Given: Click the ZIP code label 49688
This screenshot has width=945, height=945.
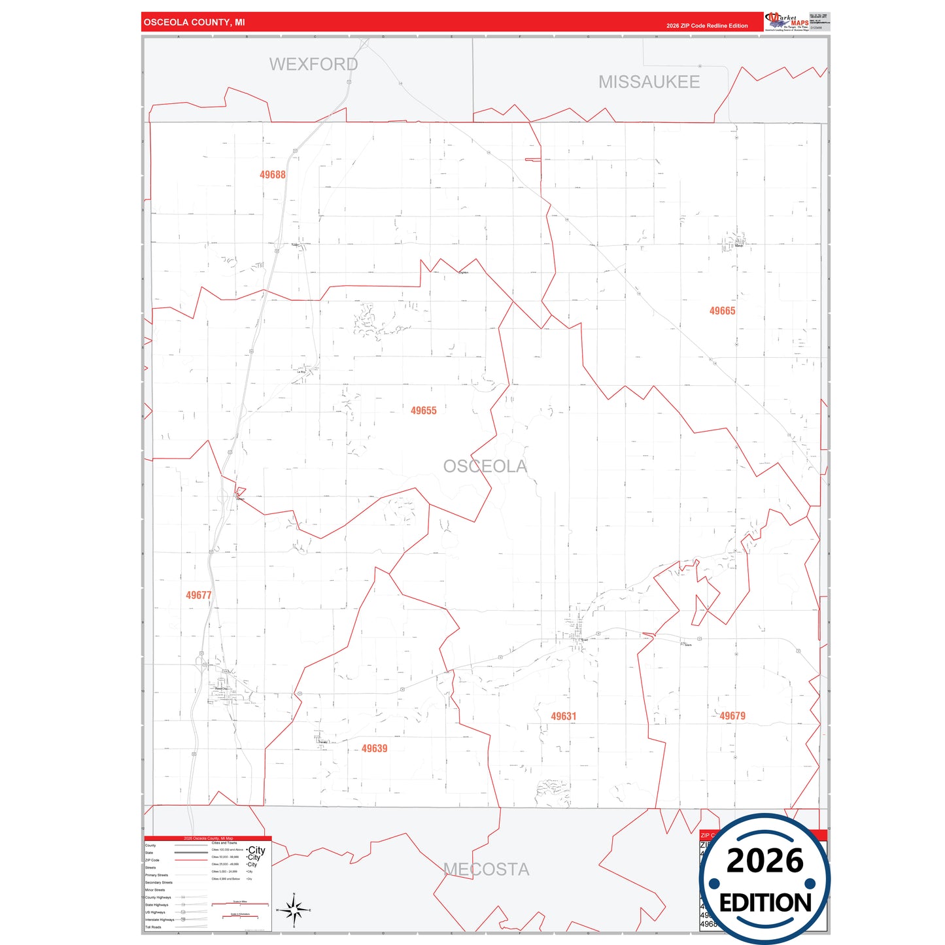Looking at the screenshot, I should (272, 175).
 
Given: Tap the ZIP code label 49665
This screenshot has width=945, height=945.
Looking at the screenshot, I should (722, 311).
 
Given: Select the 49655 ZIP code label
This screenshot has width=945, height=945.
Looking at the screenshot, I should (423, 411).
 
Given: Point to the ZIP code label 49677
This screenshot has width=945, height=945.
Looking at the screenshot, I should (198, 595).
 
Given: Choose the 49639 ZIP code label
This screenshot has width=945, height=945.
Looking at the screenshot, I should (374, 749).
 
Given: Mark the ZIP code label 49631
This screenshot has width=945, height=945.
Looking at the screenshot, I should (563, 717).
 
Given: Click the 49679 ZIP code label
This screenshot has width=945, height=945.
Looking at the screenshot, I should (732, 716).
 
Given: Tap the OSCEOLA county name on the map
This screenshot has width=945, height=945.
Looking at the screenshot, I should (485, 466).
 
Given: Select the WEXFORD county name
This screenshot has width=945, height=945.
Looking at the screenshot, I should (313, 64).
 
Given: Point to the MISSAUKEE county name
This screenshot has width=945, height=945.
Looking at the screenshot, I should (649, 82).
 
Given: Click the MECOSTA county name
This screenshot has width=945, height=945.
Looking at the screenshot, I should (486, 869).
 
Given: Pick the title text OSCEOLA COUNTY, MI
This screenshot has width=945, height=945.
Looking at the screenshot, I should (194, 22).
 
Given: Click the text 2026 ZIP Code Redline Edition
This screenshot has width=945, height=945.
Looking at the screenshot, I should (707, 26).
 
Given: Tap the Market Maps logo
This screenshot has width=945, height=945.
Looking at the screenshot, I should (787, 22).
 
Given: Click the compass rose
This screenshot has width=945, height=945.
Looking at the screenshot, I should (294, 910).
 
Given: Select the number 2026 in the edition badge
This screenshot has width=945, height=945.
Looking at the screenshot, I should (765, 861).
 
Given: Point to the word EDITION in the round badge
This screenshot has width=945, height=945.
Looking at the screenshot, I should (765, 903).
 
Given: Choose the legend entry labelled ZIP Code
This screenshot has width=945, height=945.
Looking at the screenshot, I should (152, 860).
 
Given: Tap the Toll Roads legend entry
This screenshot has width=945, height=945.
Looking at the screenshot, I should (153, 927).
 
